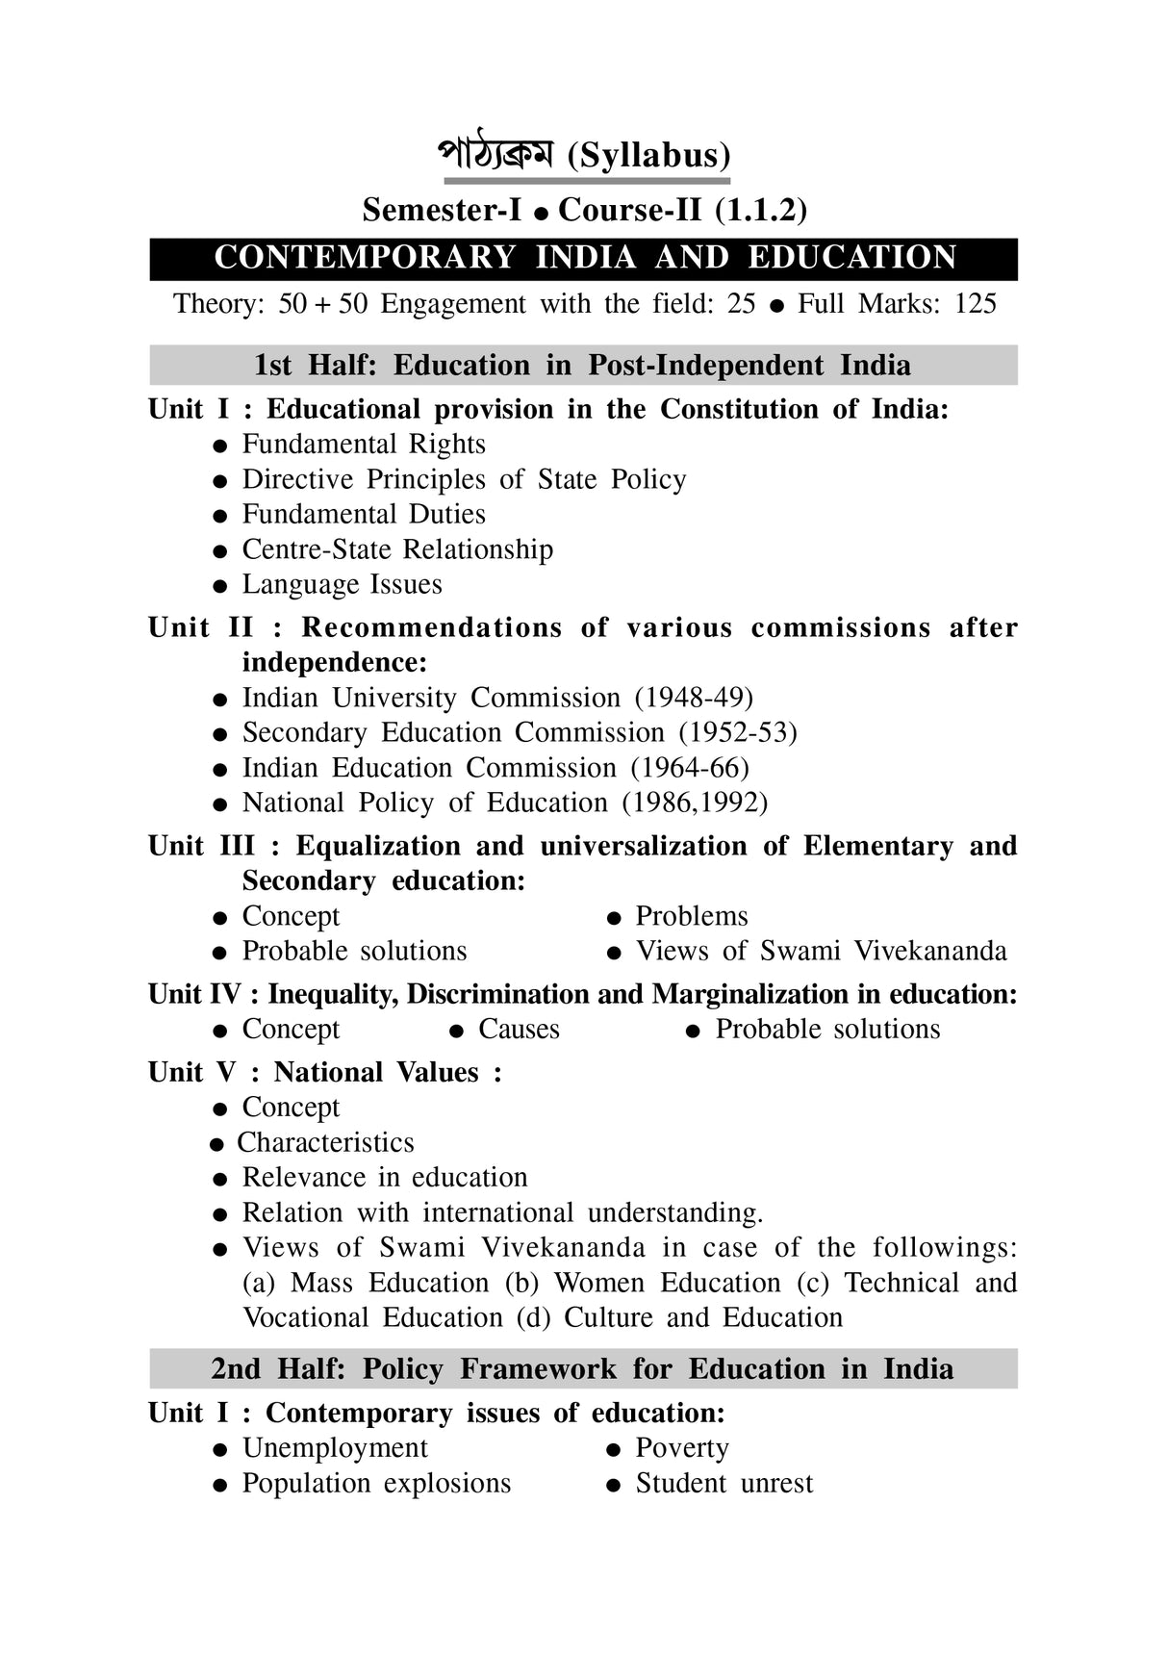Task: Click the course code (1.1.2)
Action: tap(760, 210)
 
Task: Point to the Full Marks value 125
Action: tap(975, 304)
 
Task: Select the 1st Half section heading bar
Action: tap(583, 366)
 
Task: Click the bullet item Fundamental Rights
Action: tap(363, 445)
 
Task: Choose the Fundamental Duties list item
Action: tap(363, 514)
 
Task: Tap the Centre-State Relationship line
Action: tap(396, 549)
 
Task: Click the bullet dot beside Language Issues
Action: tap(220, 586)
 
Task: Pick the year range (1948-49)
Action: tap(694, 698)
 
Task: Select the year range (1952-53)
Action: tap(738, 733)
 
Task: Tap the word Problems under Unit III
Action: tap(691, 916)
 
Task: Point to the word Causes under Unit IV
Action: tap(519, 1030)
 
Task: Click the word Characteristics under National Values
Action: tap(325, 1143)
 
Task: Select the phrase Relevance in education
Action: tap(384, 1178)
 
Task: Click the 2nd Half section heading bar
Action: tap(583, 1369)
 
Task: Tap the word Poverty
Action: tap(681, 1448)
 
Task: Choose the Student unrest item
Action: tap(724, 1484)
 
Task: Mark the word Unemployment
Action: tap(335, 1448)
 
